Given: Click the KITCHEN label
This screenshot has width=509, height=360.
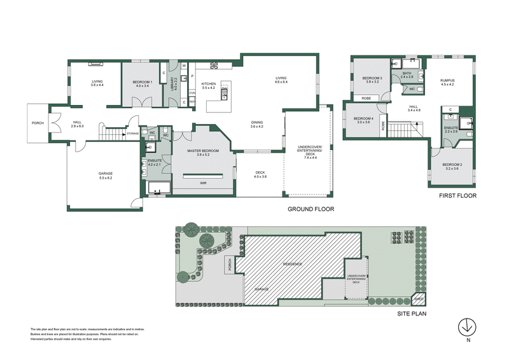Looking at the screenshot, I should click(x=209, y=84).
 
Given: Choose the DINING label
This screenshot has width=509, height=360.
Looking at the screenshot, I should click(x=257, y=123).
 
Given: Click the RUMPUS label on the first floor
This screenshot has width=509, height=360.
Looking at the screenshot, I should click(x=447, y=81).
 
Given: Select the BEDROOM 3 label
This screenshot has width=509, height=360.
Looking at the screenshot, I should click(x=370, y=79).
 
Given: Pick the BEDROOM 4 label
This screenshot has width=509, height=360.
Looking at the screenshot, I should click(x=363, y=118).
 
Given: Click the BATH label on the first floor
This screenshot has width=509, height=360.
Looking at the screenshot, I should click(x=407, y=74).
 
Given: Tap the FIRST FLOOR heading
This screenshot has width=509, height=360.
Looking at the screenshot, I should click(x=457, y=196).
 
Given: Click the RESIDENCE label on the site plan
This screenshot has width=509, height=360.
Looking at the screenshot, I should click(x=292, y=263).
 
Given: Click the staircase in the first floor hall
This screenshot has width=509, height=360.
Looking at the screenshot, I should click(x=402, y=131).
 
